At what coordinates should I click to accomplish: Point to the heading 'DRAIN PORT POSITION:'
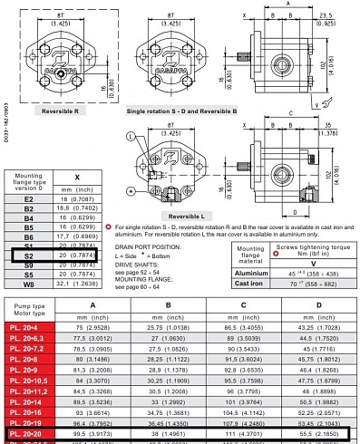point(166,246)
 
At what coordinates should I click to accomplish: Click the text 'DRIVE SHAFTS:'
point(157,263)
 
